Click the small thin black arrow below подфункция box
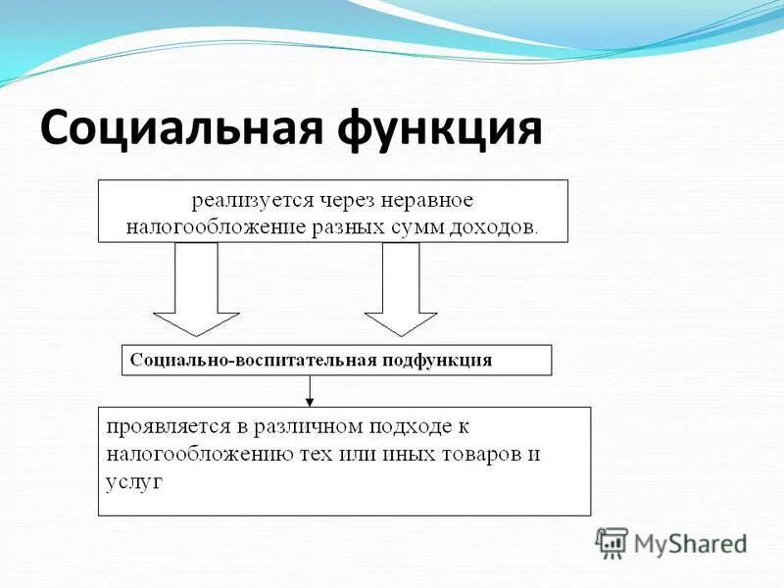[x=310, y=391]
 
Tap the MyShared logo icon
[x=612, y=542]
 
